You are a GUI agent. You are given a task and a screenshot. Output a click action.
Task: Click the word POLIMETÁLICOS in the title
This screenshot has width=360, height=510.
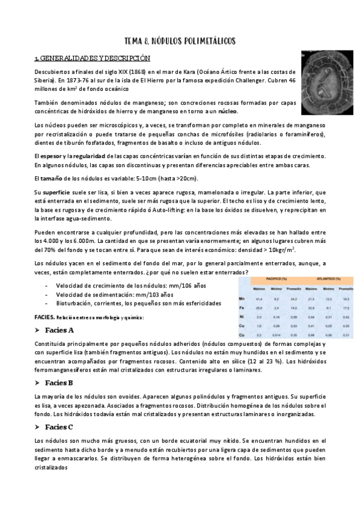206,40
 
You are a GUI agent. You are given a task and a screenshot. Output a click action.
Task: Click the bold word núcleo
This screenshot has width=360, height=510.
227,111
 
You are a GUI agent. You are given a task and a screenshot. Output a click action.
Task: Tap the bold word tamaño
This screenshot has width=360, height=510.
53,179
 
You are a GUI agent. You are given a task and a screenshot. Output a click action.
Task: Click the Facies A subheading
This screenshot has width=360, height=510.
59,330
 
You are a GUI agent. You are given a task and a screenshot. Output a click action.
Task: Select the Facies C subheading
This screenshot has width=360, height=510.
59,427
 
